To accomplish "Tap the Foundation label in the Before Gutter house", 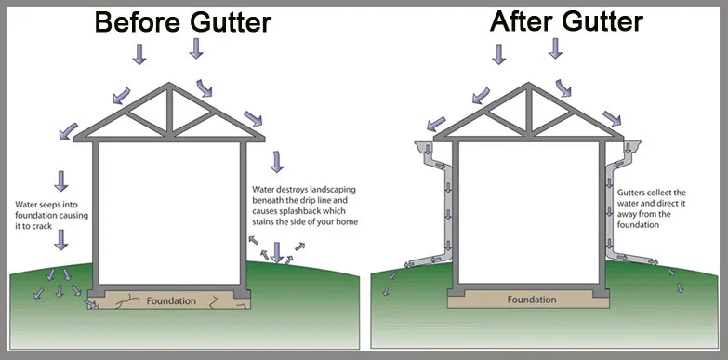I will [170, 301].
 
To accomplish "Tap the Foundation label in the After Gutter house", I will [533, 300].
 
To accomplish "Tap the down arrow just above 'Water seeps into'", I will [61, 180].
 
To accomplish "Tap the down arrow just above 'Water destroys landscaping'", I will [276, 163].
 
